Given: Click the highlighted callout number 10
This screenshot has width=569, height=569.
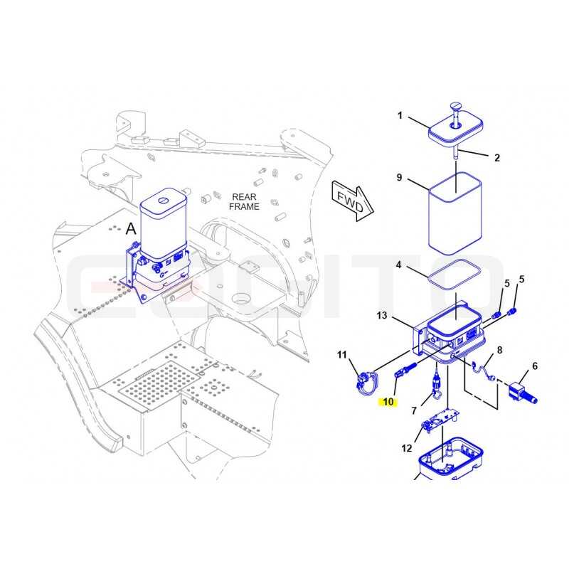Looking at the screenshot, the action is tap(388, 402).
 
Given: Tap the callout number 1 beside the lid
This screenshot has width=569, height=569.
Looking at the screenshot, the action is tap(400, 115).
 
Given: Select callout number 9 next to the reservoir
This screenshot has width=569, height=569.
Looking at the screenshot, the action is tap(399, 177).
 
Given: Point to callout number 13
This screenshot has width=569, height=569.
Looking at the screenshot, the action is tap(382, 315).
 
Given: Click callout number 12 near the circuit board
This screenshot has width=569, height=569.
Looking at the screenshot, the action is tap(407, 448).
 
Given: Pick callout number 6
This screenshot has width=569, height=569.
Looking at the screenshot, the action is tap(535, 366).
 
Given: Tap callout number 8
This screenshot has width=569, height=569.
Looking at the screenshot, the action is tap(500, 350).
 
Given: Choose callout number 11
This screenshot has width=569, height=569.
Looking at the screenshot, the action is tap(342, 354).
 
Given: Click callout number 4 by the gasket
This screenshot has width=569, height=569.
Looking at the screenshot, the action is tap(398, 265).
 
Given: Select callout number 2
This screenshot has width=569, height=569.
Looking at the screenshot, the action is tap(496, 157).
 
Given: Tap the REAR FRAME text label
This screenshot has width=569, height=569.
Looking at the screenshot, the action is tap(244, 202).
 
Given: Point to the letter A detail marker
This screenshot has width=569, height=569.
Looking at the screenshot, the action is tap(131, 229).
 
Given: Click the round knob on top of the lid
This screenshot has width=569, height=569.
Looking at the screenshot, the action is tap(455, 106).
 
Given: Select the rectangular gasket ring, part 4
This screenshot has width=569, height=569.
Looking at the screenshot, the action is tap(454, 275).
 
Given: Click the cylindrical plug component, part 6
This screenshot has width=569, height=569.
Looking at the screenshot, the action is tap(523, 393).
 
